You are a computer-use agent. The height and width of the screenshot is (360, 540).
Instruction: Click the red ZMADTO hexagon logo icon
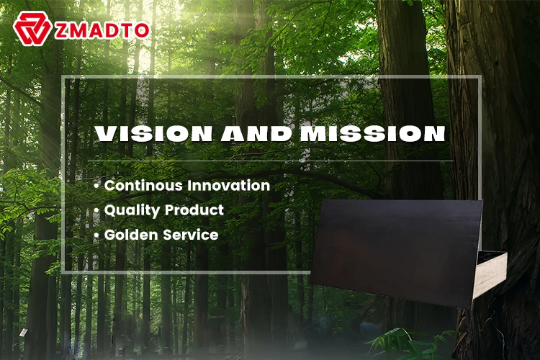[x=32, y=28]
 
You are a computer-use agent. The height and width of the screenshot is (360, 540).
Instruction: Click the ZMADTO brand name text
[x=102, y=31]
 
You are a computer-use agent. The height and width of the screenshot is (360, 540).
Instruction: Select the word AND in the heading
[x=256, y=133]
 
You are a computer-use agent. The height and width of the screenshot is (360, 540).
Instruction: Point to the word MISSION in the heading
[x=373, y=133]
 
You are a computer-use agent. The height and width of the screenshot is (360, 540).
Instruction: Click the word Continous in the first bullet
[x=143, y=185]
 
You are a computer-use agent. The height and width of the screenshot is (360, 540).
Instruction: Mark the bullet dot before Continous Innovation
[x=96, y=186]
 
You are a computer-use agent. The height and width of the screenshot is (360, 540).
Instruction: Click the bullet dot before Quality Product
[x=96, y=211]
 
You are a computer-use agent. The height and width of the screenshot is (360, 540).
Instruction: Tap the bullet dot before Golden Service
[x=96, y=235]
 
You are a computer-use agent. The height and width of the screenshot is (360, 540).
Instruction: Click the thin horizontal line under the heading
[x=270, y=161]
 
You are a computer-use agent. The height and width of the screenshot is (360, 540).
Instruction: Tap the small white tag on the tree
[x=23, y=333]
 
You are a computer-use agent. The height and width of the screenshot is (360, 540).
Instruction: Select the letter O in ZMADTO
[x=141, y=31]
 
